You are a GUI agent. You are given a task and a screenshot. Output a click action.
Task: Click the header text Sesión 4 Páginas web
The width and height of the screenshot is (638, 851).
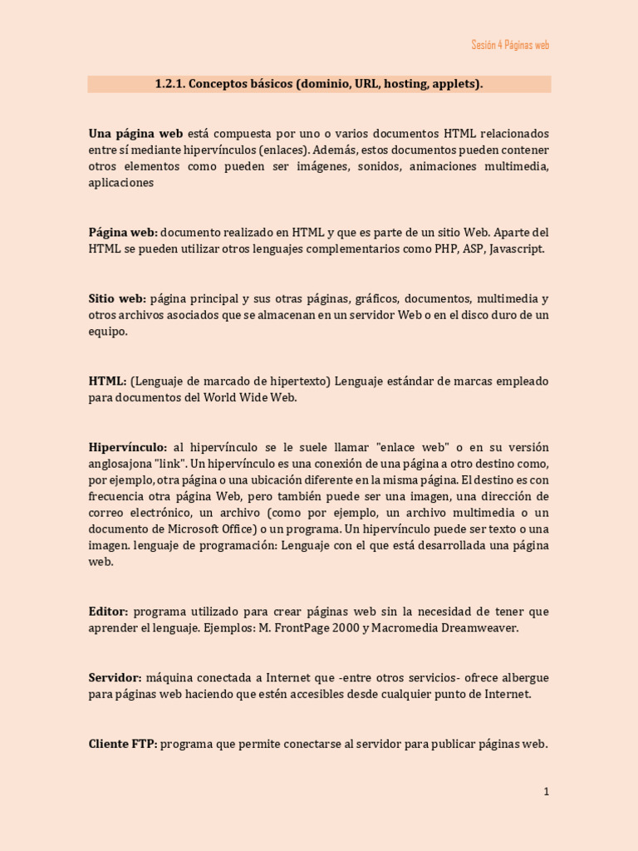click(x=510, y=45)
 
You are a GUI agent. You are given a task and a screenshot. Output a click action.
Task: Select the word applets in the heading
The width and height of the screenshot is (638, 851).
click(x=455, y=84)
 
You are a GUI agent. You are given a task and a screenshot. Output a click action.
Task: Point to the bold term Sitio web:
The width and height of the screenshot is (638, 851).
click(x=117, y=298)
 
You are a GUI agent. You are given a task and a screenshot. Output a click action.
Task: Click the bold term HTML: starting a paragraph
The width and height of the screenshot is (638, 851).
click(x=107, y=381)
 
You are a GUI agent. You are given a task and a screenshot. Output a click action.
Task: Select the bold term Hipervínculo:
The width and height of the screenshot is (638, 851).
click(x=128, y=447)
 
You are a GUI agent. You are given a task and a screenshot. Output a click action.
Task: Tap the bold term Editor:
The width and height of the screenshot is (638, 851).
click(x=108, y=612)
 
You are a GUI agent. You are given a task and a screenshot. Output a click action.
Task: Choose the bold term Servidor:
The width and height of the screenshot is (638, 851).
click(x=115, y=678)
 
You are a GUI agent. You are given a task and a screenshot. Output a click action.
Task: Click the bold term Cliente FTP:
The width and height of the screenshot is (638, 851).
click(x=122, y=744)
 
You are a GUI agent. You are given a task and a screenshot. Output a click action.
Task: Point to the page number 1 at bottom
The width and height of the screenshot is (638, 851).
click(x=546, y=792)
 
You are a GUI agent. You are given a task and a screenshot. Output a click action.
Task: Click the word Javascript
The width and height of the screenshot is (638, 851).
click(x=518, y=248)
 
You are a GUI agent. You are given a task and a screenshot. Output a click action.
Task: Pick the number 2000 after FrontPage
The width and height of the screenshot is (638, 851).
click(x=345, y=628)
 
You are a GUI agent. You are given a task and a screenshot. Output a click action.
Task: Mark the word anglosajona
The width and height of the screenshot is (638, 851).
click(x=120, y=463)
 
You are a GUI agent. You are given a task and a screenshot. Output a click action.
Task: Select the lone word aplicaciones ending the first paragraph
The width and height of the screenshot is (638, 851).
click(x=121, y=183)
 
